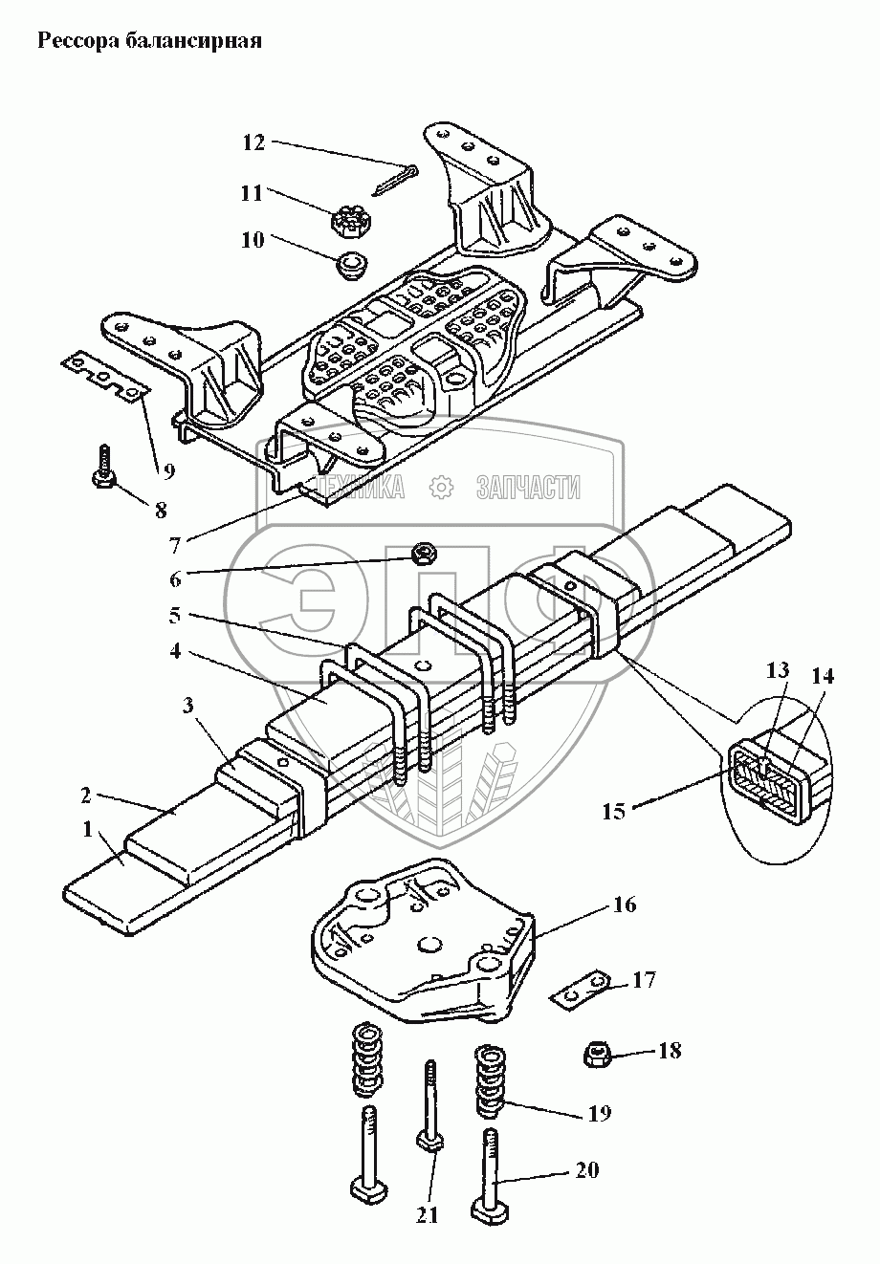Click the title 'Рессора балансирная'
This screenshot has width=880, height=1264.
pyautogui.click(x=148, y=42)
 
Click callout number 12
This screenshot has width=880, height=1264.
pyautogui.click(x=253, y=142)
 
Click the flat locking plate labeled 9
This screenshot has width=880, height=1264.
pyautogui.click(x=104, y=374)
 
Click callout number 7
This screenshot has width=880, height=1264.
pyautogui.click(x=175, y=546)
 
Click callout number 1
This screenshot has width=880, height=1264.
pyautogui.click(x=89, y=829)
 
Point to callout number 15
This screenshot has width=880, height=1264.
pyautogui.click(x=614, y=812)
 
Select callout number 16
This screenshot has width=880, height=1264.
pyautogui.click(x=624, y=904)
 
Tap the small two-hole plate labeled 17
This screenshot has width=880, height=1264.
pyautogui.click(x=582, y=991)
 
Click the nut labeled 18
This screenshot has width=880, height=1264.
pyautogui.click(x=598, y=1055)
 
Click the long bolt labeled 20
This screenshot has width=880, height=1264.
pyautogui.click(x=488, y=1178)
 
